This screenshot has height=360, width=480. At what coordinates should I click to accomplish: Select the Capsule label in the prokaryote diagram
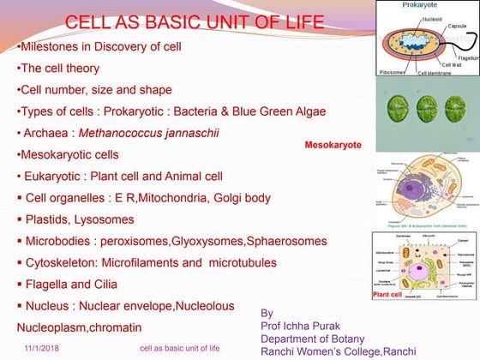click(457, 27)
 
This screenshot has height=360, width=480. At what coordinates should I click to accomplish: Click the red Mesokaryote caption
click(333, 145)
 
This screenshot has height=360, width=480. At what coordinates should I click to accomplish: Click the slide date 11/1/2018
click(42, 348)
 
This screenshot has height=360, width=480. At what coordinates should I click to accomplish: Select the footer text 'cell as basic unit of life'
click(179, 348)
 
